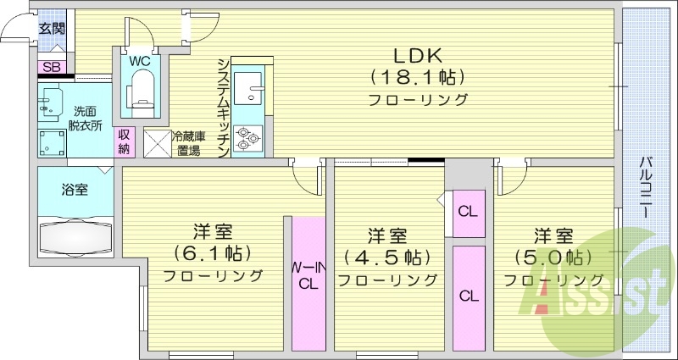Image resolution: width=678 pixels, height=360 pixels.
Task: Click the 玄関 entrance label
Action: [x=51, y=28]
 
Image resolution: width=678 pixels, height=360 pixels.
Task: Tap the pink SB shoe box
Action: [x=51, y=67]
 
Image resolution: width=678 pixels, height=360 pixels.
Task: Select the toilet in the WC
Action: [x=140, y=89]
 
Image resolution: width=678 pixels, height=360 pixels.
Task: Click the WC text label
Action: [x=140, y=61]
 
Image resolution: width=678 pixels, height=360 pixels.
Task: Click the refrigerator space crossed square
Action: [x=158, y=142]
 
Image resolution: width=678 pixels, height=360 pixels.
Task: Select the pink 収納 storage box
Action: [x=125, y=141]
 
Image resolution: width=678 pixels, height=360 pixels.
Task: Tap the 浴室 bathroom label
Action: [x=74, y=190]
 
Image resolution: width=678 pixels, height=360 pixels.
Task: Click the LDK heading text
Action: [x=417, y=55]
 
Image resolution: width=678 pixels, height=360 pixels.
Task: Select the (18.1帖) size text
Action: [x=417, y=78]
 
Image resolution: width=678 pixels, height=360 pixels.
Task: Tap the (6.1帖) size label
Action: [x=213, y=253]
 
